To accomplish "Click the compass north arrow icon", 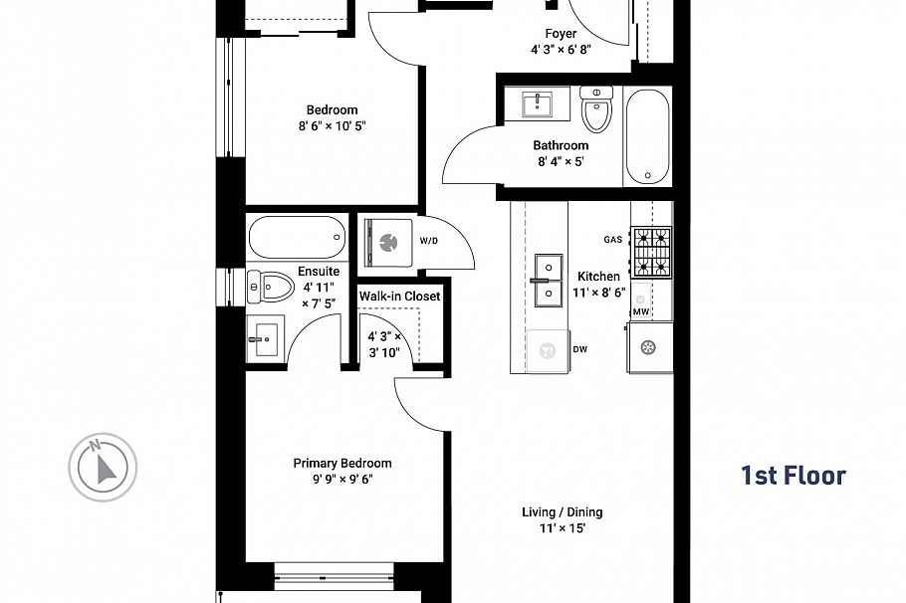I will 102,465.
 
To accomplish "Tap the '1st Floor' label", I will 793,476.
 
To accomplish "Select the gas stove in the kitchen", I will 653,253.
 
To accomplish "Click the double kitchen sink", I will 546,281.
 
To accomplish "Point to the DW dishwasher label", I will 580,349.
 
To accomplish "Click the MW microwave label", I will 642,312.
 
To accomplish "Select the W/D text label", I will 428,241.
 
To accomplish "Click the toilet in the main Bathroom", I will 596,110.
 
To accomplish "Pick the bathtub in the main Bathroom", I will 648,136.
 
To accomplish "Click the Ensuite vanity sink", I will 265,340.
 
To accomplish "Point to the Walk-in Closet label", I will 399,297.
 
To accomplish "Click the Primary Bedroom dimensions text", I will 341,479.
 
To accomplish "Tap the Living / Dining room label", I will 563,512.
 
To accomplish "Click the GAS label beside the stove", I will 613,240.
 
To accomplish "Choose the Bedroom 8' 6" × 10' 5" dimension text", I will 332,126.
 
